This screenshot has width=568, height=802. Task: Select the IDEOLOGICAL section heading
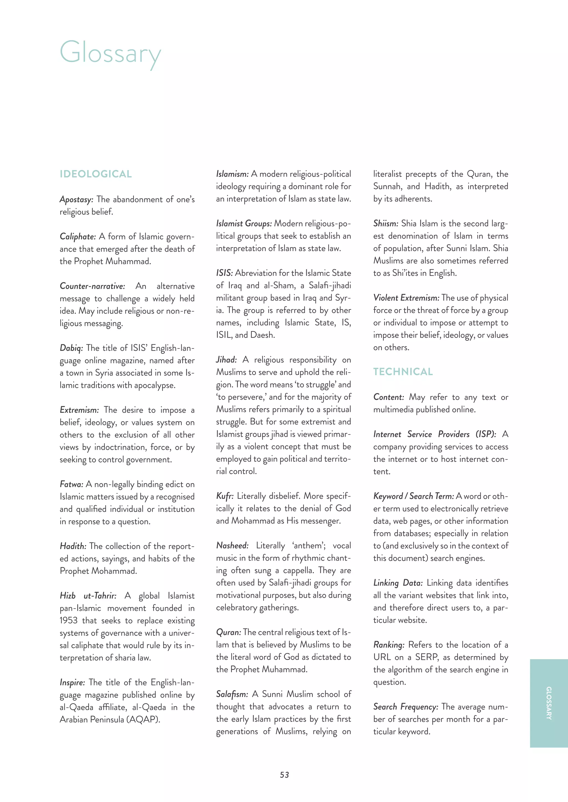tap(95, 174)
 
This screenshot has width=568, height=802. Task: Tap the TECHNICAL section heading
tap(403, 372)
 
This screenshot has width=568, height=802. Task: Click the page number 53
tap(284, 775)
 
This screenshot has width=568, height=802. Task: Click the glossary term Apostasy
tap(76, 199)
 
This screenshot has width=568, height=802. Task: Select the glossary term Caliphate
tap(78, 237)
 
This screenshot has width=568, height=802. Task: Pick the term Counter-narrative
tap(92, 286)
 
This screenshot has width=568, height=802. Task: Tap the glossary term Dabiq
tap(71, 348)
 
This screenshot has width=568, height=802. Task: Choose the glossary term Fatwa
tap(71, 484)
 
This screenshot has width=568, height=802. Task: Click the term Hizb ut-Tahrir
tap(88, 596)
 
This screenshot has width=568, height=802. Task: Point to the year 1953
tap(69, 620)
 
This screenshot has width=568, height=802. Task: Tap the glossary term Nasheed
tap(232, 546)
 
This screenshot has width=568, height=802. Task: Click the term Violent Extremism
tap(406, 298)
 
